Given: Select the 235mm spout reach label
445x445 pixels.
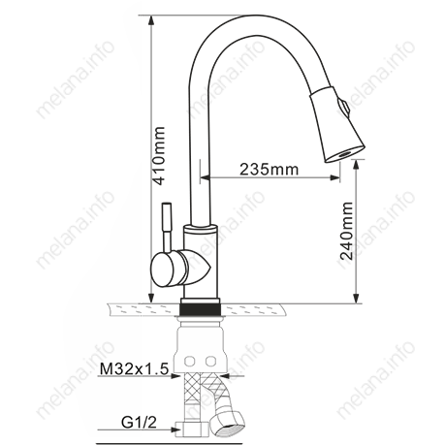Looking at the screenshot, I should tap(268, 170).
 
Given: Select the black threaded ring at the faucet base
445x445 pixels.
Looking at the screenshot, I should tap(204, 309).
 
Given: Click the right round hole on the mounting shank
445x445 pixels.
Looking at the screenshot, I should tap(213, 359).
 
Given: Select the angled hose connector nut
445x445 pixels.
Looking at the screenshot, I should tap(231, 419).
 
